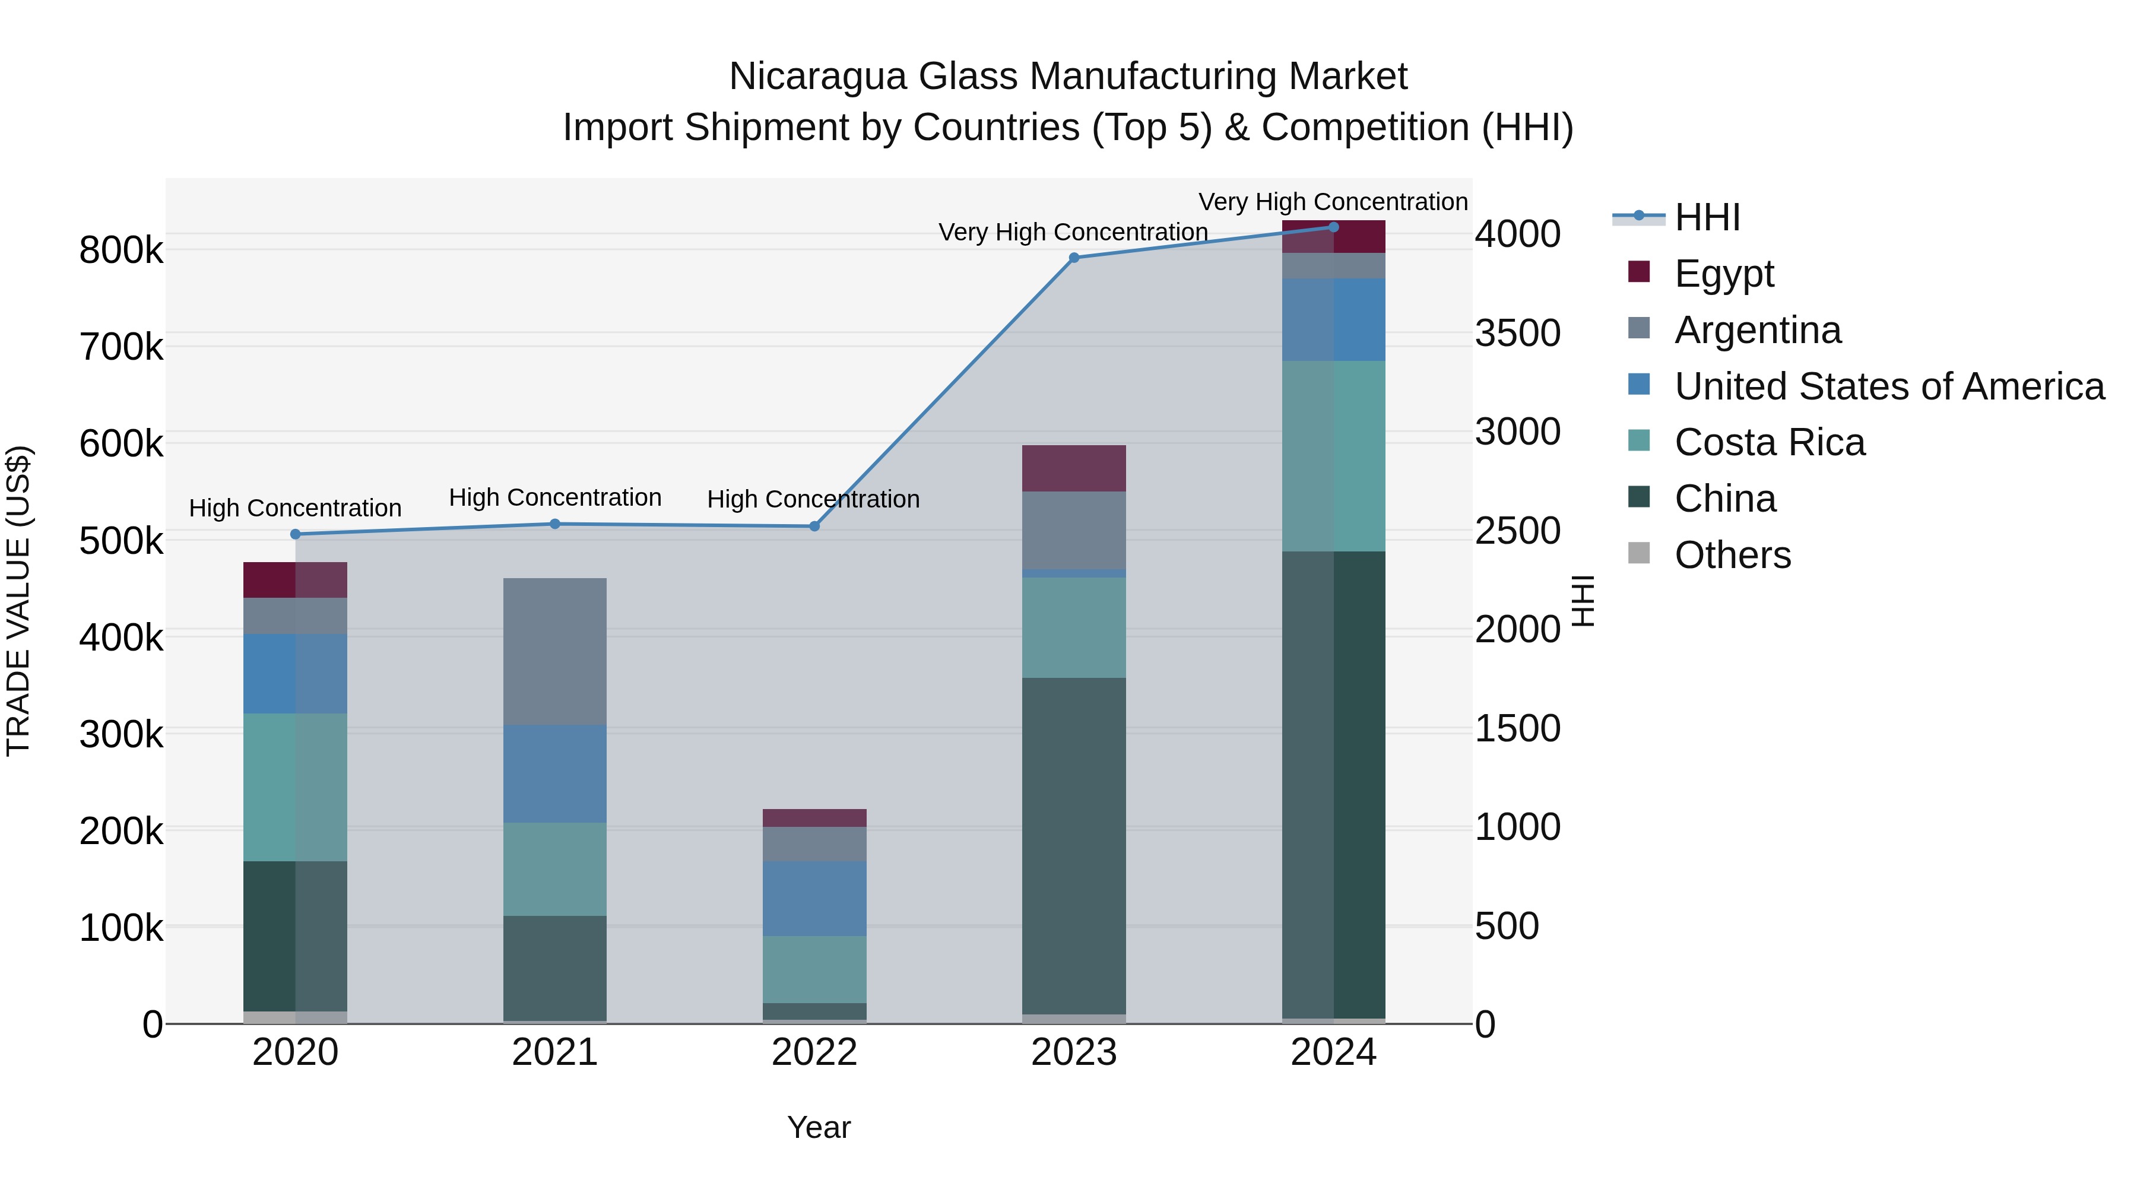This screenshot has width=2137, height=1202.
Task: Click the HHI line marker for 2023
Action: click(1073, 258)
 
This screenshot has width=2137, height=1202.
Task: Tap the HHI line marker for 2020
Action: click(296, 534)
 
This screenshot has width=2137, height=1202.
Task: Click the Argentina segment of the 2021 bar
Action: click(555, 651)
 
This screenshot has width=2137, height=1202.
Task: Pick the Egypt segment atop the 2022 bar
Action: click(814, 818)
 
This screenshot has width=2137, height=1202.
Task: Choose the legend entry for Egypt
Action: click(1723, 274)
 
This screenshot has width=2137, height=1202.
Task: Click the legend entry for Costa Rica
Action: click(1769, 443)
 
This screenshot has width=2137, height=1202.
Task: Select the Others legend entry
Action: click(1732, 555)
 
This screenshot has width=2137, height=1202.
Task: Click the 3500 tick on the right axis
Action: click(1517, 334)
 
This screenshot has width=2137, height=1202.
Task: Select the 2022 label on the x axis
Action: click(814, 1052)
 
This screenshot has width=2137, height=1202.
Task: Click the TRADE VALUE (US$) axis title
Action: click(18, 601)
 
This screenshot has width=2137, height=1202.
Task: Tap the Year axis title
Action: click(819, 1127)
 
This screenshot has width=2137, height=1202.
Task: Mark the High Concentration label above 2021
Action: click(555, 498)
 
